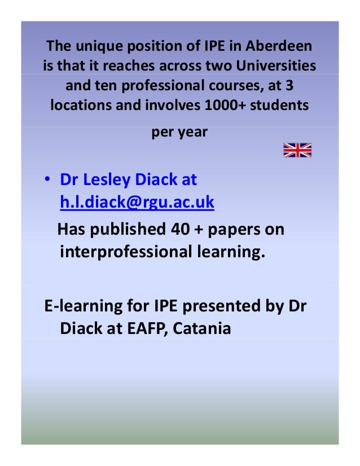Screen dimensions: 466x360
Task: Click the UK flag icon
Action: pos(297,150)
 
